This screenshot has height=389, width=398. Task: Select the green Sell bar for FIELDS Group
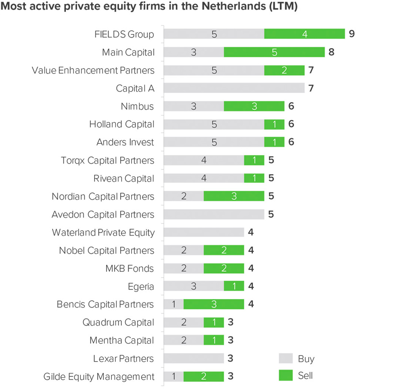304,34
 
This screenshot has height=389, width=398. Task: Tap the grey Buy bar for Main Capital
194,52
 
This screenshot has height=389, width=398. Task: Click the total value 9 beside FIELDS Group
352,34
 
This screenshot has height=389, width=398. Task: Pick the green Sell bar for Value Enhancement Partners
284,70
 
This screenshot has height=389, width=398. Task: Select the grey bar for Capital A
234,88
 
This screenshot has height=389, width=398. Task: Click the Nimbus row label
137,106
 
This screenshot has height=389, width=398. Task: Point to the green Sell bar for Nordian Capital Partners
234,196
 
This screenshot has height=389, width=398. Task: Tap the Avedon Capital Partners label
103,215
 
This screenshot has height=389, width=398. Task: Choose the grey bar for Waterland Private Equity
203,232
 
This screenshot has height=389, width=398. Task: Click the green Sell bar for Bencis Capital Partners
214,304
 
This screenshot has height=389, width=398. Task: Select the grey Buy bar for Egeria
194,286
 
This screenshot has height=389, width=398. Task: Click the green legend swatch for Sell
286,375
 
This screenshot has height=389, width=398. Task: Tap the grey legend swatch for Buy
286,358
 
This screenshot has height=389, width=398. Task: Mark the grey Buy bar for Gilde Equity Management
173,377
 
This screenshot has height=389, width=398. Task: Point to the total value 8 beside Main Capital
331,52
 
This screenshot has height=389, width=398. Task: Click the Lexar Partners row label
123,358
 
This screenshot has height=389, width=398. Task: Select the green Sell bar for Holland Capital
274,124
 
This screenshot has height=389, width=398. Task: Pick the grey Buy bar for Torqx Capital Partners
203,160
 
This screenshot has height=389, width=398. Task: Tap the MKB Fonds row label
130,269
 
